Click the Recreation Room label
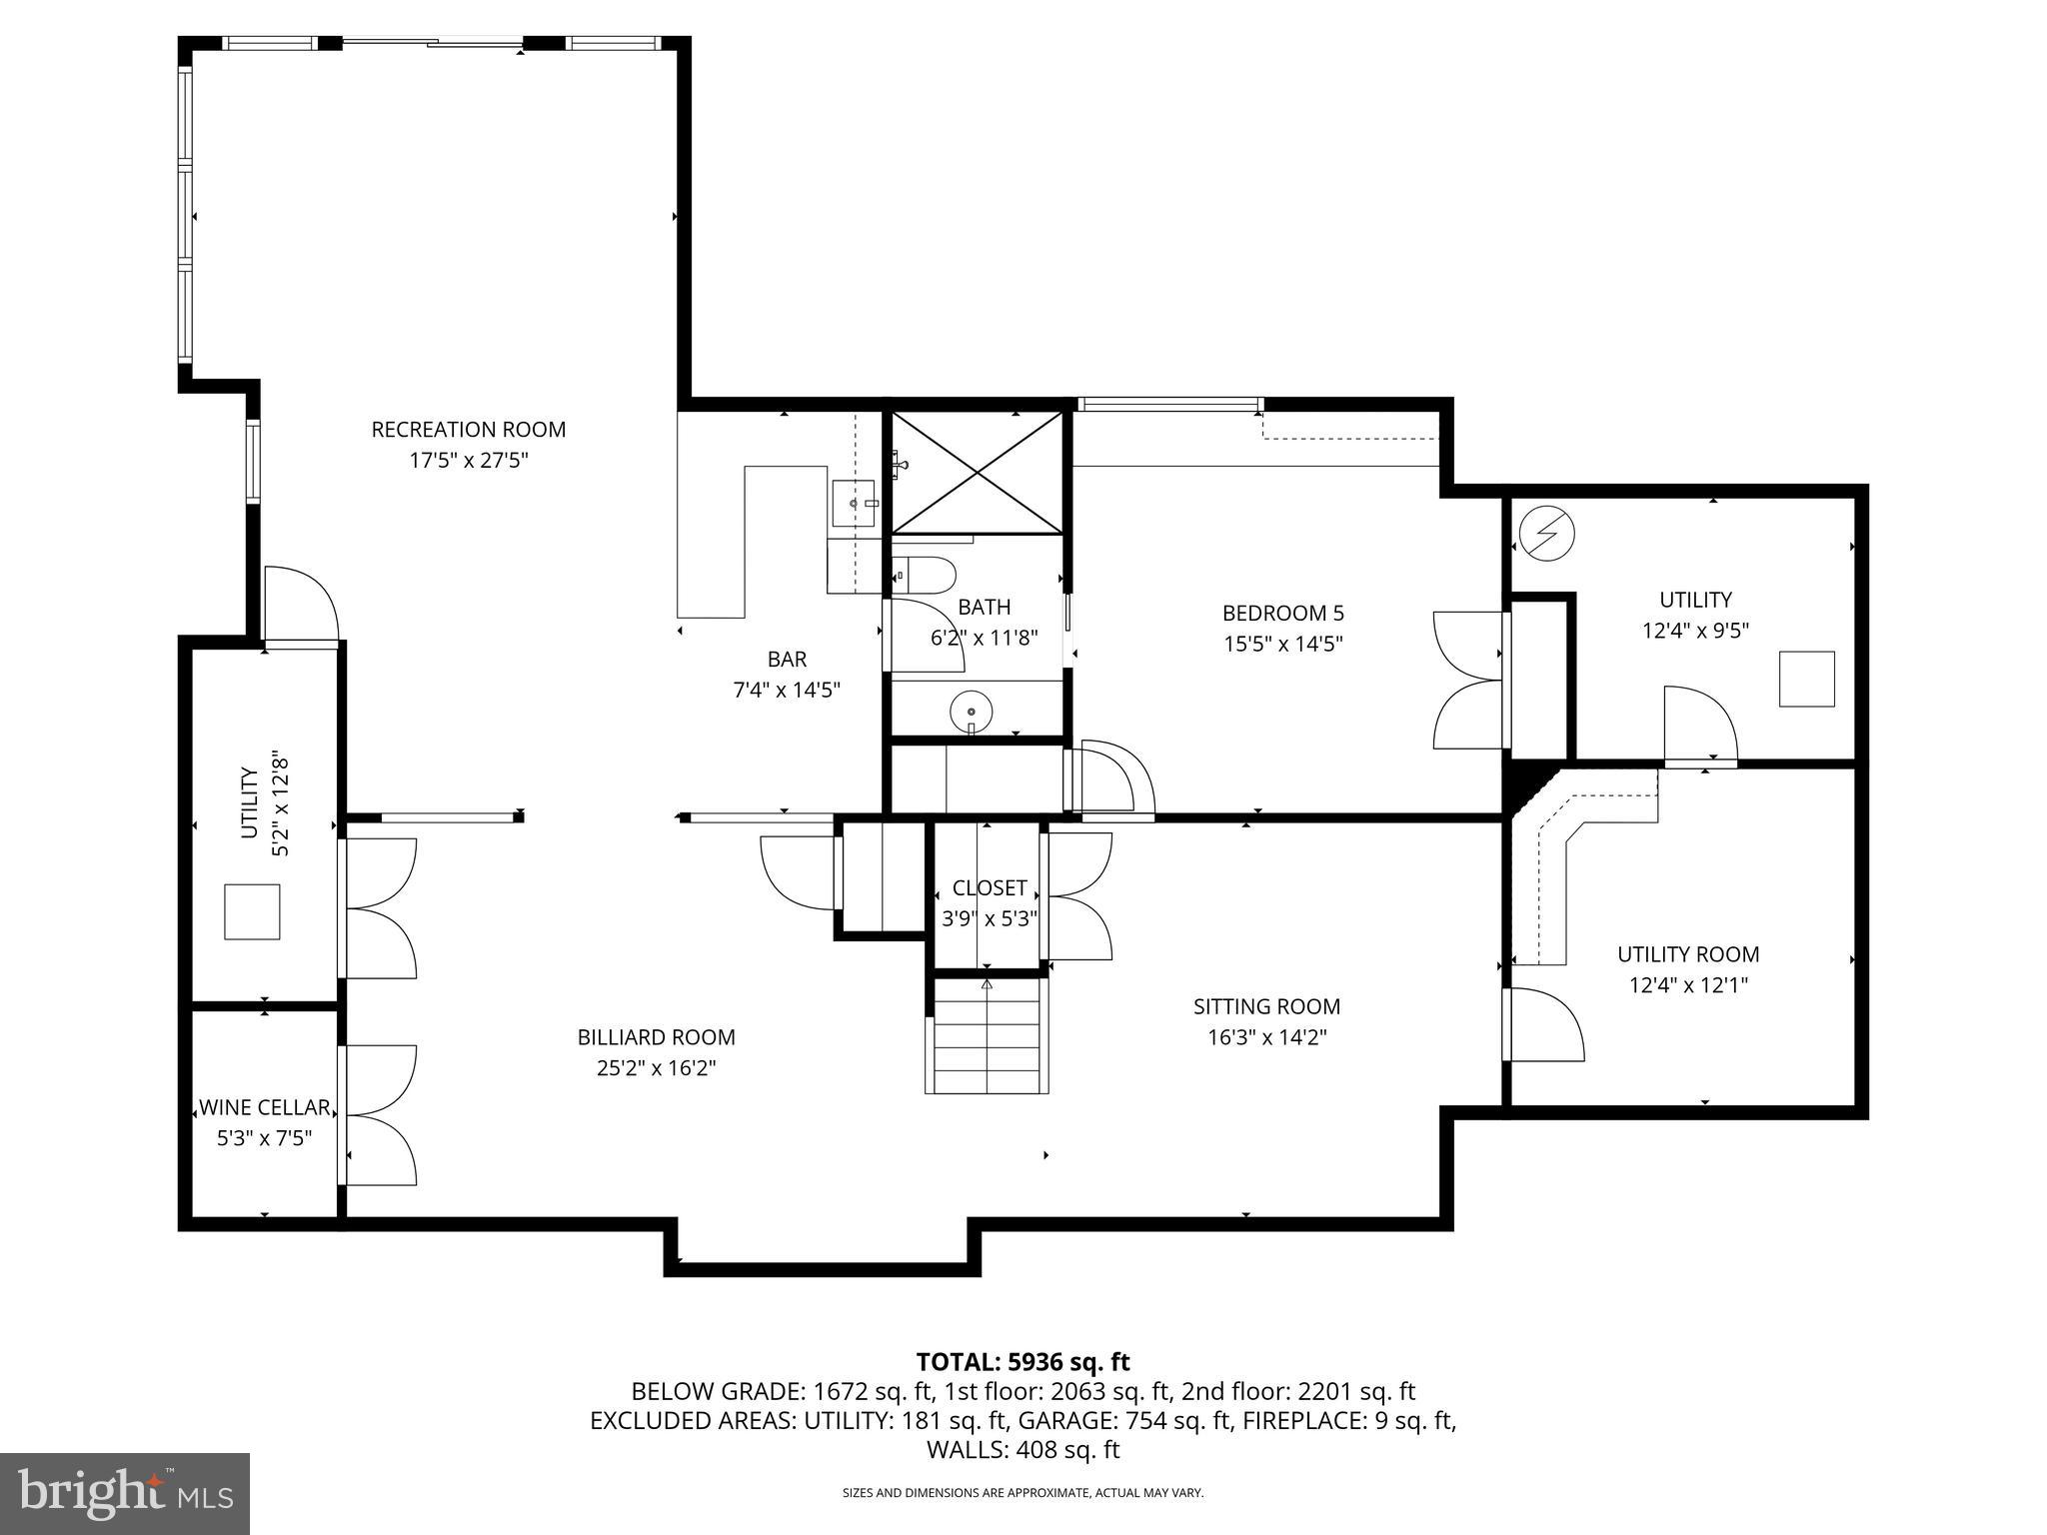468,430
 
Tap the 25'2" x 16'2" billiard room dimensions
656,1068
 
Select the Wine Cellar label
264,1107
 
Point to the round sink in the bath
971,712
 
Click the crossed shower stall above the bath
977,473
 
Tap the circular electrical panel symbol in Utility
1546,535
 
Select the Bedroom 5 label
1282,613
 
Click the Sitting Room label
1266,1006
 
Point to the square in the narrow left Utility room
252,911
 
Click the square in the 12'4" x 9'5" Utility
1806,679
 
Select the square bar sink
855,503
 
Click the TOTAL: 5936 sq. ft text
1023,1362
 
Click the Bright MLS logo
125,1494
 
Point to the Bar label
787,660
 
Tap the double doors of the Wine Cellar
380,1115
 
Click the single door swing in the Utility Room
1543,1024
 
